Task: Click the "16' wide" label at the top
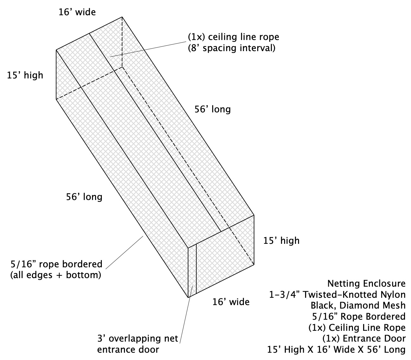click(x=77, y=12)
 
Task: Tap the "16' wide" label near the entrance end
click(x=231, y=302)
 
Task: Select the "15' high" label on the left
click(x=25, y=76)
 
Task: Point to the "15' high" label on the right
click(x=281, y=241)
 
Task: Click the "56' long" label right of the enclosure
click(x=213, y=110)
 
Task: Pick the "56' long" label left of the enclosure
click(x=84, y=197)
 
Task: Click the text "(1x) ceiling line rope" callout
click(x=234, y=37)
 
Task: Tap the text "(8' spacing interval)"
click(x=232, y=48)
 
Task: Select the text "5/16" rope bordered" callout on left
click(x=56, y=264)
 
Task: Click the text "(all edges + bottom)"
click(x=55, y=275)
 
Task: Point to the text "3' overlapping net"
click(x=138, y=338)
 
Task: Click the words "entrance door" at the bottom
click(x=128, y=350)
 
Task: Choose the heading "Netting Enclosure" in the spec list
click(x=367, y=284)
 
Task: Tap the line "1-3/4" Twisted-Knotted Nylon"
click(x=337, y=295)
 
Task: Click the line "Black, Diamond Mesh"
click(x=358, y=305)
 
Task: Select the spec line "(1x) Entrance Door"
click(x=364, y=338)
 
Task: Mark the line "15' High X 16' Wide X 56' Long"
click(x=336, y=350)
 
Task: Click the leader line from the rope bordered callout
click(x=124, y=252)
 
